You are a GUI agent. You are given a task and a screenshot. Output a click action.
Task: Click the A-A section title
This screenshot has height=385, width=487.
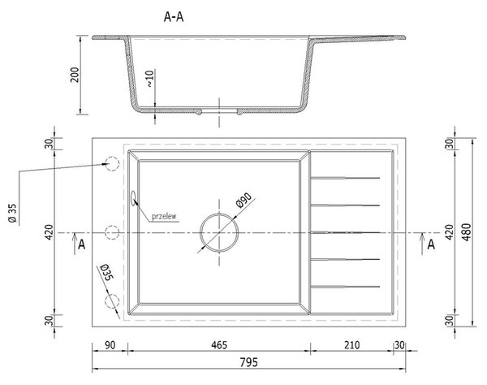pos(174,17)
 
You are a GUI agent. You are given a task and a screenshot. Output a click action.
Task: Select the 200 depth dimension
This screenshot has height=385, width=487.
pos(75,75)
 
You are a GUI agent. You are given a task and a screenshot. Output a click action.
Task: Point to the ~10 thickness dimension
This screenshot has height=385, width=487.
pos(149,79)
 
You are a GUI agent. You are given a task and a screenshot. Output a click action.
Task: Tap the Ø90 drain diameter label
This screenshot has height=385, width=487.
pos(243,200)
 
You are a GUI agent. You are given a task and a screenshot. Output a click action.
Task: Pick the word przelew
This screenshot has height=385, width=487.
pos(164,216)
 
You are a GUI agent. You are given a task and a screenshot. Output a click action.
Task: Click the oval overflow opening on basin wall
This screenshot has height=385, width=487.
pos(134,198)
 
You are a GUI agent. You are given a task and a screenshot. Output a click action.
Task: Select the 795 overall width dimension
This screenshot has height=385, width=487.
pos(249,362)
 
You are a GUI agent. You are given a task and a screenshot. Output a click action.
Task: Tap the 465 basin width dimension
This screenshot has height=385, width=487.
pos(219,345)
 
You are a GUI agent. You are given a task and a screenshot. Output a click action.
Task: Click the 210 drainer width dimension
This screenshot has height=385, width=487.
pos(351,345)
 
